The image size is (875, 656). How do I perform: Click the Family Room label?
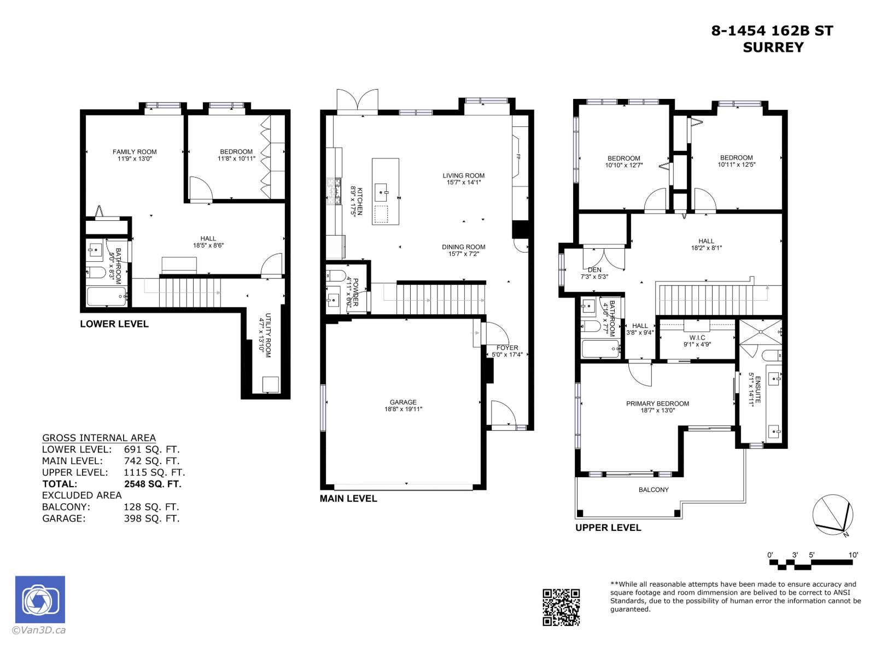(x=135, y=152)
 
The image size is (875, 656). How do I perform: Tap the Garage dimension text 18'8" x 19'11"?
(x=403, y=409)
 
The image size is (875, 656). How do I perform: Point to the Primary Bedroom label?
(x=657, y=403)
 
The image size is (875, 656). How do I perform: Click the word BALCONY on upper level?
(x=654, y=490)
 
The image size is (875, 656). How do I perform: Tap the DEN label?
(x=594, y=270)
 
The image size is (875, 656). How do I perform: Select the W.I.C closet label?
(x=697, y=338)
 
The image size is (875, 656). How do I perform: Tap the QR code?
(x=561, y=607)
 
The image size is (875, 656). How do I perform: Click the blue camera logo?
(x=40, y=600)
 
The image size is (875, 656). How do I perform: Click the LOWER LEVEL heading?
(x=114, y=324)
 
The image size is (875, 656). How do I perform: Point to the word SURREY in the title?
(x=773, y=48)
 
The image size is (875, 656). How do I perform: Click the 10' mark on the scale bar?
(x=853, y=555)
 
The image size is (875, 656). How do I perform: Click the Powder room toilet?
(x=335, y=275)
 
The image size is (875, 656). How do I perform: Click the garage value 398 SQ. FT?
(x=151, y=518)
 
